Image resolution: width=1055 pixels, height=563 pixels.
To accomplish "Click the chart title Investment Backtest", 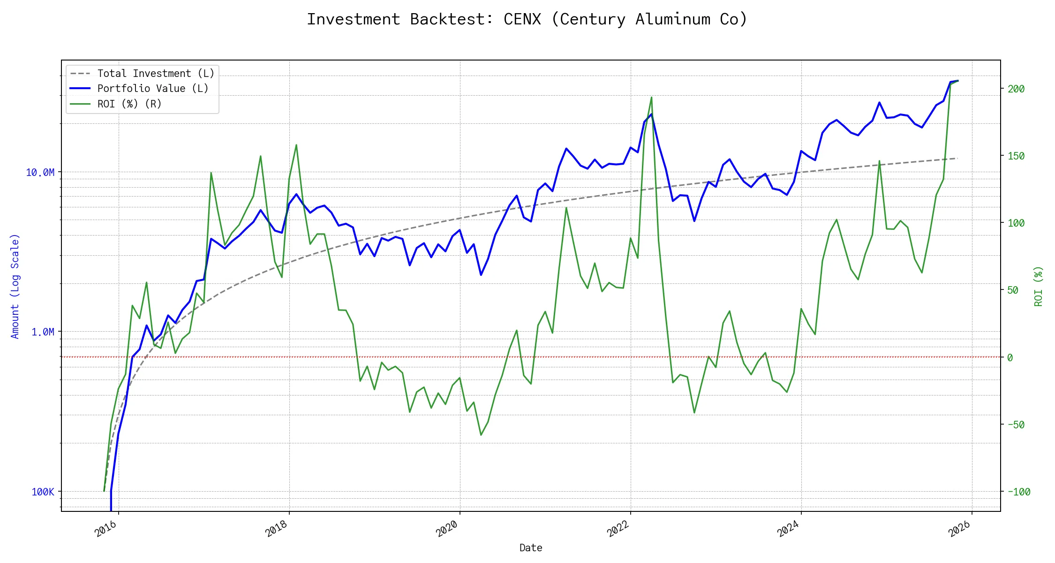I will [x=527, y=19].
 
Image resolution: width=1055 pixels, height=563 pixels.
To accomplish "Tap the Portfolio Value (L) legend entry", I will [x=153, y=89].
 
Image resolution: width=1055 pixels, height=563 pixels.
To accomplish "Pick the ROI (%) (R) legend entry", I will [x=129, y=104].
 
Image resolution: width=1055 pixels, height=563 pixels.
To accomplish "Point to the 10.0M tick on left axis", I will [x=40, y=173].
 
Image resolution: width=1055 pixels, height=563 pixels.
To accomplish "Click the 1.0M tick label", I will [x=43, y=332].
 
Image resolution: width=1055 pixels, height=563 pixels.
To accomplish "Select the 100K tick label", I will [x=43, y=492].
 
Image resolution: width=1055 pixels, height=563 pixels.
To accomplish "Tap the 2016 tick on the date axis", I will [x=105, y=529].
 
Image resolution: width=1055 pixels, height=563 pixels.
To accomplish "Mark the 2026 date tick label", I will [x=959, y=529].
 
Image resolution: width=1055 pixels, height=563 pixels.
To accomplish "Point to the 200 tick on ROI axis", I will [x=1016, y=89].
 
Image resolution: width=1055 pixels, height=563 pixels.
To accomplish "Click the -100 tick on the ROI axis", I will [x=1018, y=492].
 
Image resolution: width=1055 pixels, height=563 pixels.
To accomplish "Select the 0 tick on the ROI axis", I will [x=1010, y=358].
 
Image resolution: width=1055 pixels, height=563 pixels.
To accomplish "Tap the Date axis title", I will [x=531, y=548].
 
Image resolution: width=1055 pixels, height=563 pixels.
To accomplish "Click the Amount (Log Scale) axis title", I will [x=15, y=286].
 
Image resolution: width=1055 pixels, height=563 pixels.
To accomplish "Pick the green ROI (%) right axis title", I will [x=1038, y=286].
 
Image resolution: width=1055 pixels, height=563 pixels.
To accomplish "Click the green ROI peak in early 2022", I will [x=651, y=98].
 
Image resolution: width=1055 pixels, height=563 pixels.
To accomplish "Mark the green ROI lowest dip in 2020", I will [x=481, y=435].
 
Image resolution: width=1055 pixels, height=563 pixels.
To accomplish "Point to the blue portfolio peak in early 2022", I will [x=651, y=114].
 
